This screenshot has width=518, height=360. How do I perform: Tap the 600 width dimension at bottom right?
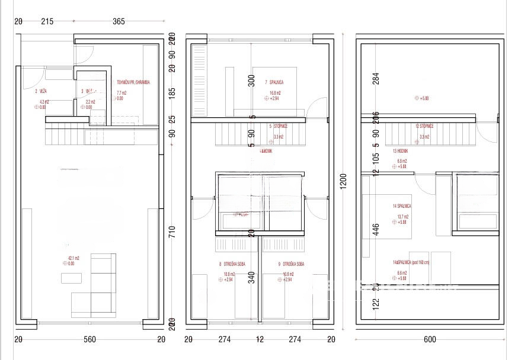(430, 339)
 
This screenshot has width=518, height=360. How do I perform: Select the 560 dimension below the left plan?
(89, 339)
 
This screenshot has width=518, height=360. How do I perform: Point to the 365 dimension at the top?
(119, 22)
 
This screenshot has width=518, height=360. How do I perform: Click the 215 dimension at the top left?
(47, 22)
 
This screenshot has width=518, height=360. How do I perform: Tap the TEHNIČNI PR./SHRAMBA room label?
(133, 83)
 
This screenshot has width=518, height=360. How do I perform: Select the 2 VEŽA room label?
(41, 91)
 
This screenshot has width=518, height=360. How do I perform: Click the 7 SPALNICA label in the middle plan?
(274, 82)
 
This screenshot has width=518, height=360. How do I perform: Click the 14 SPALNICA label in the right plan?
(402, 206)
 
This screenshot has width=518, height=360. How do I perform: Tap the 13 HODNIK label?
(400, 151)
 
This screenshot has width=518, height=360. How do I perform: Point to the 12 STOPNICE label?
(424, 126)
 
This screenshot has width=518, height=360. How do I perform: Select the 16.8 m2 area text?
(275, 93)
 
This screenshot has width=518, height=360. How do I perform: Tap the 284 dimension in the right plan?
(375, 79)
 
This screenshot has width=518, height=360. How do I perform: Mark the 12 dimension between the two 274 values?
(260, 339)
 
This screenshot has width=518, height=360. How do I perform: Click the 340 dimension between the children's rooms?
(251, 277)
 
